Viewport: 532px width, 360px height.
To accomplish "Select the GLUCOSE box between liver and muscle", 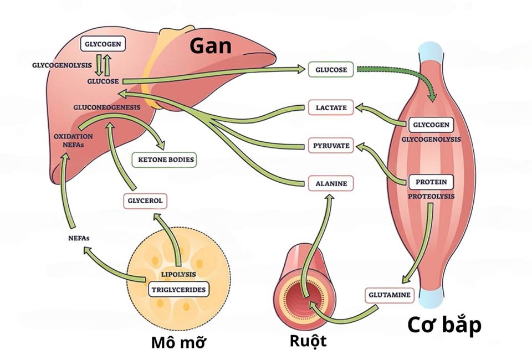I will coord(331,69).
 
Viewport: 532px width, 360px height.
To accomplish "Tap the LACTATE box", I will coord(331,107).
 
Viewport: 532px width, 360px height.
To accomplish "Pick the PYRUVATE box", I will coord(331,146).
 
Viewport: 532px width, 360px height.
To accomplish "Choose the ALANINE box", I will coord(331,183).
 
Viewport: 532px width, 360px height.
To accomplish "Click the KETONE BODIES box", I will coord(163,160).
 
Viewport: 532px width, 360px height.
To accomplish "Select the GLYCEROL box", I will coord(145,201).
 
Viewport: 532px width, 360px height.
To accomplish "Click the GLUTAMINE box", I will coord(390,295).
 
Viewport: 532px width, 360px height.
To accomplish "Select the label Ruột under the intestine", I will coord(308,341).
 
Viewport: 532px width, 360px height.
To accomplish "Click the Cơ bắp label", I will coord(444,325).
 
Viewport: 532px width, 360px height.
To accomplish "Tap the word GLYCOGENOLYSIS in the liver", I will coord(61,65).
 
